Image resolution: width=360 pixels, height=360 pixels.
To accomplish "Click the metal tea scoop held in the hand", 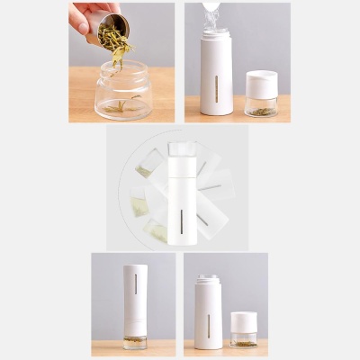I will click(x=112, y=27).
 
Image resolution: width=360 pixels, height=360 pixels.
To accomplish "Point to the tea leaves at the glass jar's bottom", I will click(x=122, y=107).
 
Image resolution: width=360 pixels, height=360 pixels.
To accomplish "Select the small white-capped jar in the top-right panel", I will click(x=261, y=94).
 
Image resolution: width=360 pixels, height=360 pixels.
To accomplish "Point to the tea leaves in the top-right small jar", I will click(x=260, y=111).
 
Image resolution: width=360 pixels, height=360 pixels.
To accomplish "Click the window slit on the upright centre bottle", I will click(x=182, y=220).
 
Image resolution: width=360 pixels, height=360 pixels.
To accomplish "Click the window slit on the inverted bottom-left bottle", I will click(x=136, y=283).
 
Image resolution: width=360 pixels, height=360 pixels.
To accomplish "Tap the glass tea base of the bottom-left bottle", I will click(x=136, y=342).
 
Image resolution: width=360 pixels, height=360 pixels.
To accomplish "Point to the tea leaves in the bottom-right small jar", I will click(x=244, y=342).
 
